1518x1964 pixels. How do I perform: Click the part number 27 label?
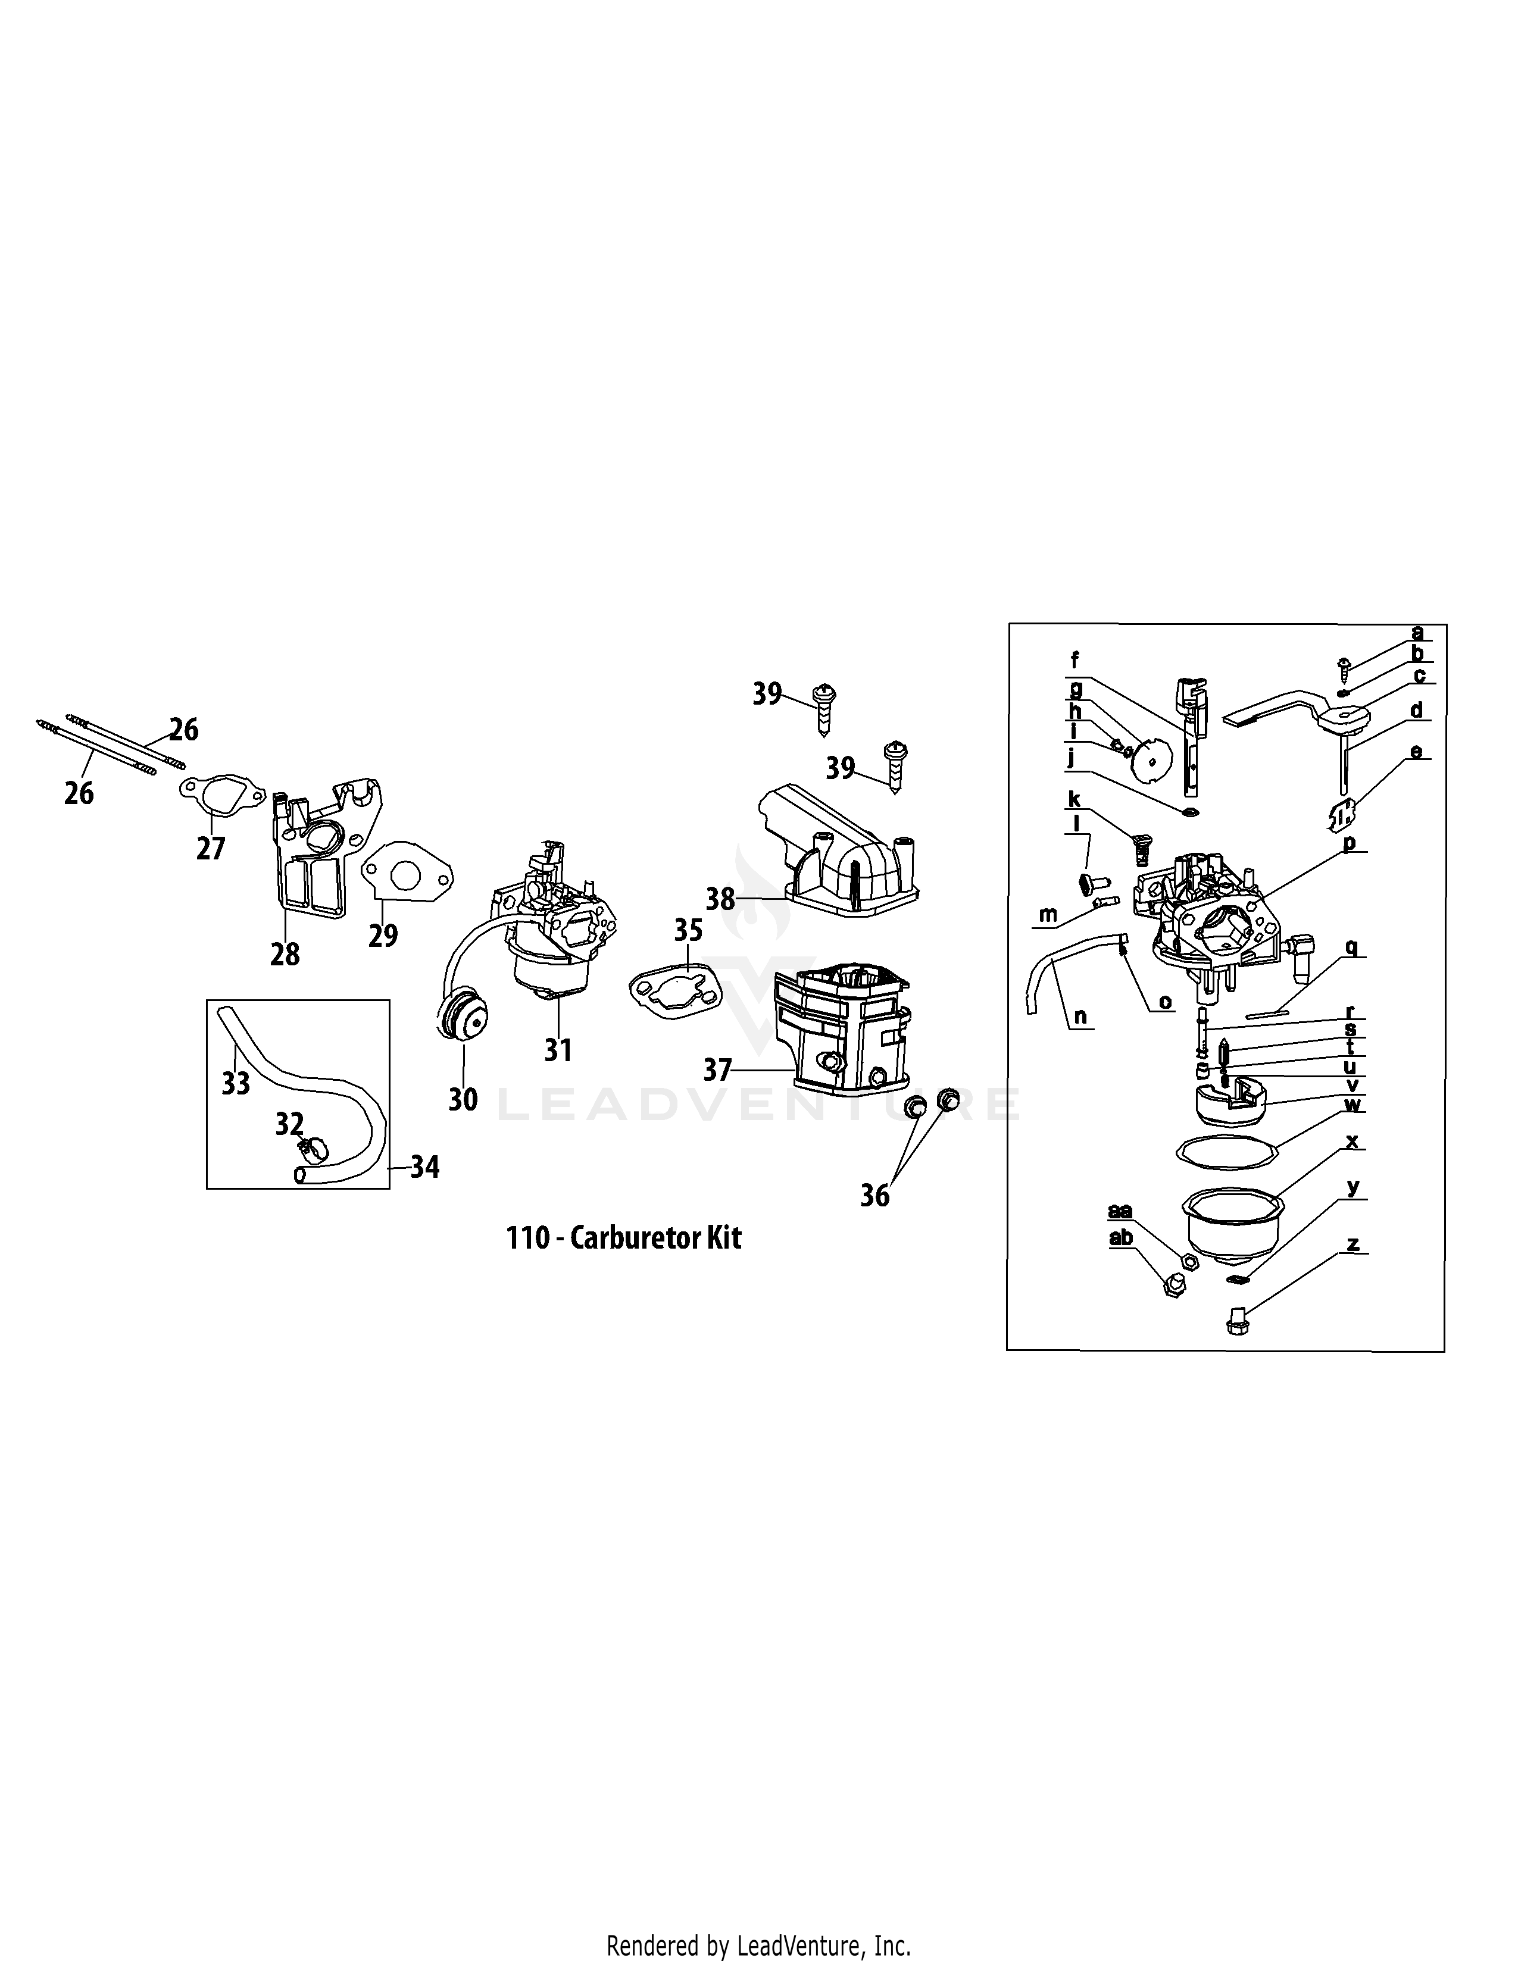(x=210, y=848)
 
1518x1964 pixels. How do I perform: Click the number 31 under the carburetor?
(x=558, y=1049)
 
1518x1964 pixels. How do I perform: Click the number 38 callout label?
(x=720, y=898)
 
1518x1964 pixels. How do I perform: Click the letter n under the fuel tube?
(x=1080, y=1017)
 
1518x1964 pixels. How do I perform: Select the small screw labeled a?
(x=1344, y=665)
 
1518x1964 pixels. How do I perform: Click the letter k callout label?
(x=1074, y=799)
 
